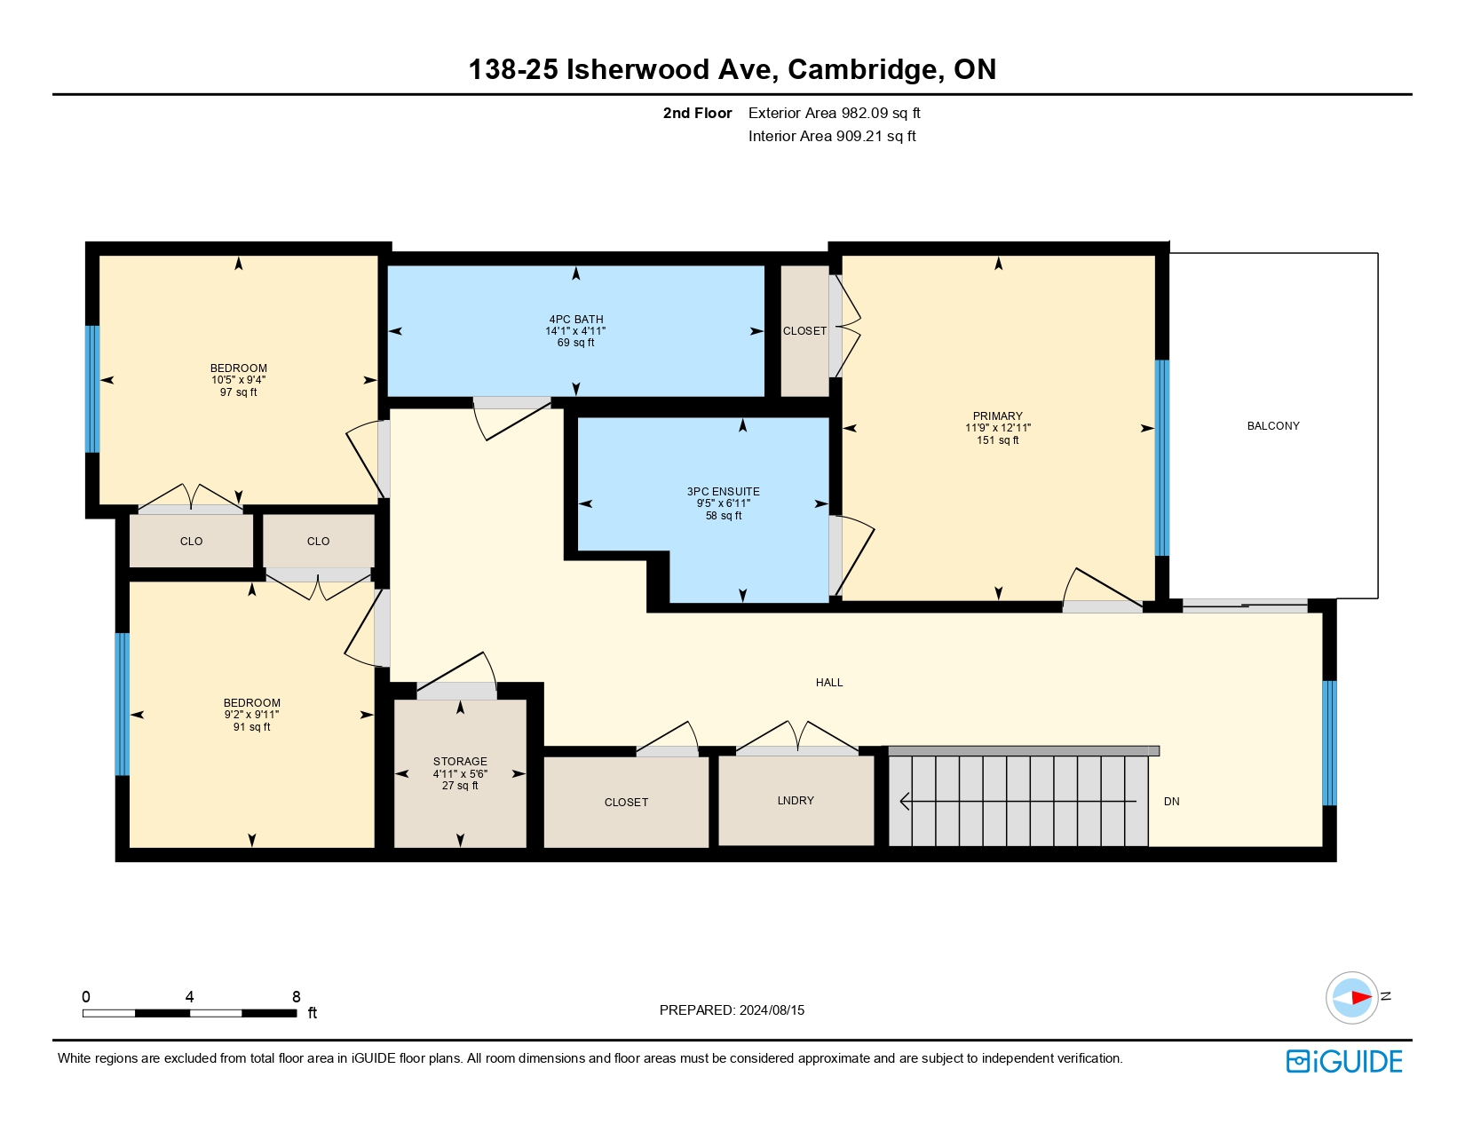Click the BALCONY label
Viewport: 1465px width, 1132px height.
(1272, 426)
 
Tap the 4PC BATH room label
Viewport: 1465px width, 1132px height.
(575, 320)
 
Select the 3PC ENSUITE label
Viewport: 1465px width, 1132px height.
(723, 492)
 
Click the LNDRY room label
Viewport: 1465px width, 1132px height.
(796, 801)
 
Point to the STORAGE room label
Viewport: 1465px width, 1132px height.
(460, 762)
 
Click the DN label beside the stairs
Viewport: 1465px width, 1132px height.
(1171, 802)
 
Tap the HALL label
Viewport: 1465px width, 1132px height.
(829, 683)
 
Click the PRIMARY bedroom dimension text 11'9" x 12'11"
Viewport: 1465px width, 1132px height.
(997, 428)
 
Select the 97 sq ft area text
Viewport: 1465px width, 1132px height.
(238, 392)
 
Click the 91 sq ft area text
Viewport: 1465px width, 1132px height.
(251, 727)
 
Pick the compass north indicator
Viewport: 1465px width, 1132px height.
(1353, 997)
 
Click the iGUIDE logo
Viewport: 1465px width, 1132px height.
(1344, 1061)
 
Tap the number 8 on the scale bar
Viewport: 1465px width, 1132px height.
(297, 996)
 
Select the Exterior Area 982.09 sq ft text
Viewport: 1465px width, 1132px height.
(834, 113)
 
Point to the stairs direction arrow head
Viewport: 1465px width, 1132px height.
(904, 802)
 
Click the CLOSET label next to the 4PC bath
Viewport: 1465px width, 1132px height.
(804, 331)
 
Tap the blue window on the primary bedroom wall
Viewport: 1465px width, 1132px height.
(1161, 457)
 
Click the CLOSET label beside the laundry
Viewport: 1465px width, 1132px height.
(626, 803)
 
